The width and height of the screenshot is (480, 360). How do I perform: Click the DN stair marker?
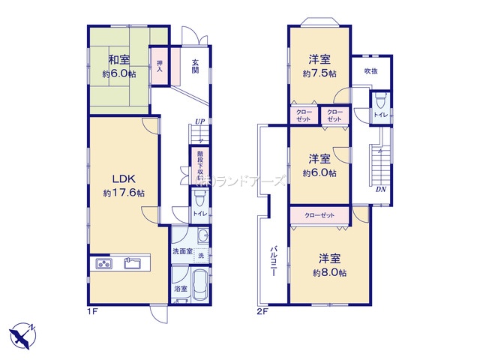click(x=382, y=189)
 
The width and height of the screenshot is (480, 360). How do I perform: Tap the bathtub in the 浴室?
click(x=198, y=286)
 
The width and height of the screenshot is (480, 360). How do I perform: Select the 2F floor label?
click(x=262, y=309)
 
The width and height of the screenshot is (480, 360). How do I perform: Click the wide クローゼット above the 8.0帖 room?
click(x=319, y=215)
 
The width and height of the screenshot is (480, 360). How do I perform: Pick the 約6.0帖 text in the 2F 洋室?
click(x=319, y=173)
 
